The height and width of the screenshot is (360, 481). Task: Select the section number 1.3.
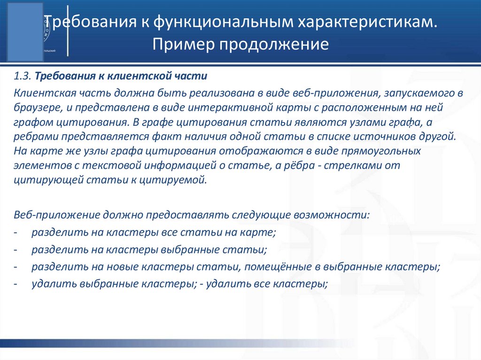(x=23, y=76)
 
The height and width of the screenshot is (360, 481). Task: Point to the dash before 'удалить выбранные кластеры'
(x=16, y=284)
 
